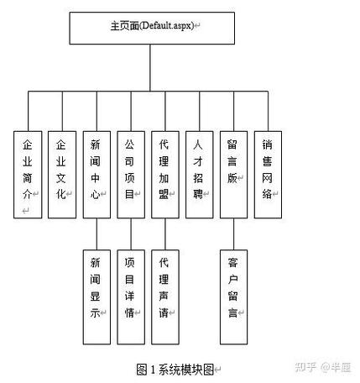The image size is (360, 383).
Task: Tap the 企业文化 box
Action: click(x=61, y=174)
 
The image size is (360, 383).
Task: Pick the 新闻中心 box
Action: click(x=96, y=174)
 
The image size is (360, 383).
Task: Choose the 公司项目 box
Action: click(x=130, y=174)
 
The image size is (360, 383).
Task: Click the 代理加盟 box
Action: click(x=164, y=174)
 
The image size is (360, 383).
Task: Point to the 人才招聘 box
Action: click(x=199, y=174)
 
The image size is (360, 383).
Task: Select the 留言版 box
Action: click(x=233, y=174)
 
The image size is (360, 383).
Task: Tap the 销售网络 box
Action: click(x=268, y=174)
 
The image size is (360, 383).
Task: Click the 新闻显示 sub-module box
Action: click(x=97, y=296)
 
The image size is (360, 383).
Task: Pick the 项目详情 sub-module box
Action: click(x=130, y=296)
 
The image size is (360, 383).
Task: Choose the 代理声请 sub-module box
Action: click(x=164, y=296)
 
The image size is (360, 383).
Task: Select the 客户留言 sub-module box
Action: click(x=233, y=296)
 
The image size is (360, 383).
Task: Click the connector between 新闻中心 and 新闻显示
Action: click(x=97, y=233)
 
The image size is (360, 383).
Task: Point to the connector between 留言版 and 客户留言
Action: click(x=233, y=233)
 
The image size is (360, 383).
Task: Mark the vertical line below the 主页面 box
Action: click(x=152, y=67)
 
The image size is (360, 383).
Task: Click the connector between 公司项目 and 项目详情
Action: click(x=130, y=233)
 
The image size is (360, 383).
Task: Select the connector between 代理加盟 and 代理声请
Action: click(x=164, y=233)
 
